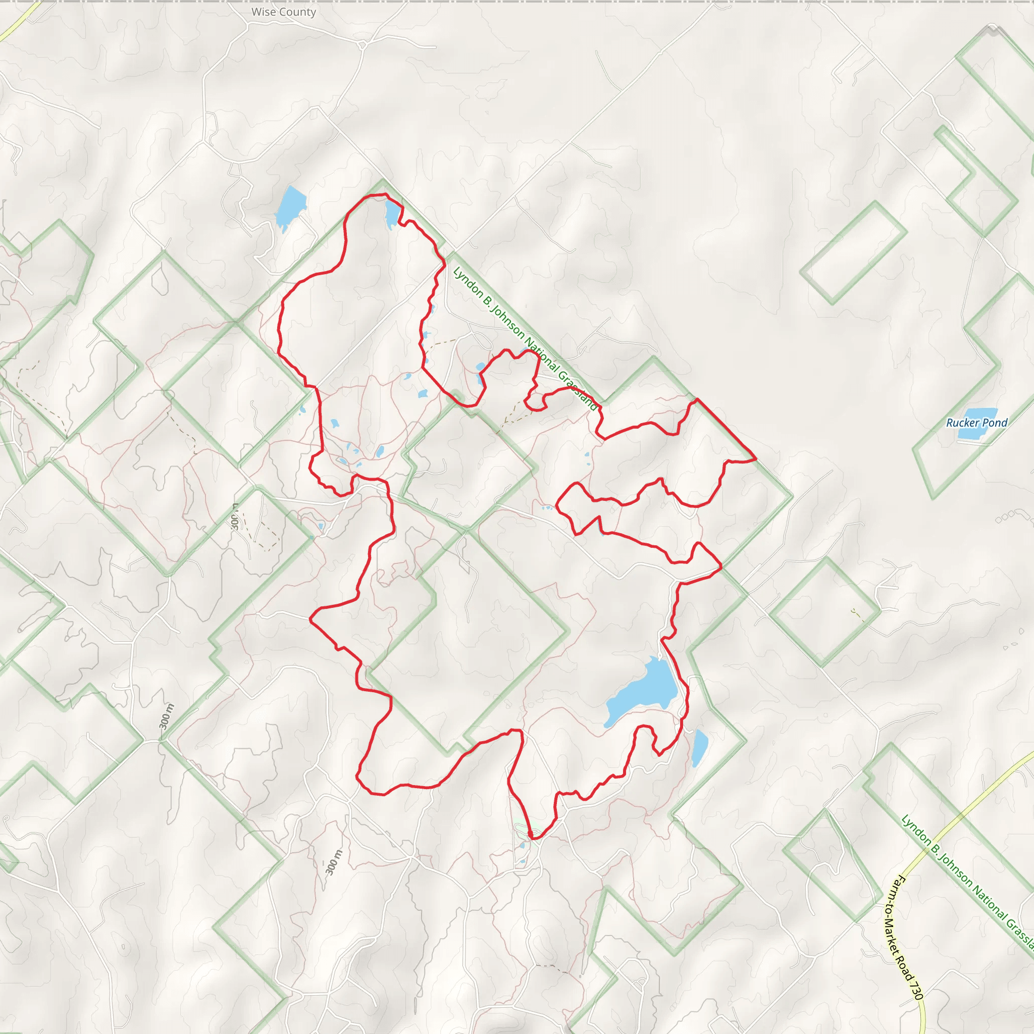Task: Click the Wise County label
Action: (284, 12)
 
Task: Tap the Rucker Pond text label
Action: (976, 423)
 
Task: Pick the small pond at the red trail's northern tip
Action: (392, 213)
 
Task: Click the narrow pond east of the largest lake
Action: (699, 747)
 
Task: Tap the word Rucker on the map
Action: (962, 423)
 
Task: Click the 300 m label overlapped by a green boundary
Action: (235, 516)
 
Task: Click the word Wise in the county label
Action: (264, 12)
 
